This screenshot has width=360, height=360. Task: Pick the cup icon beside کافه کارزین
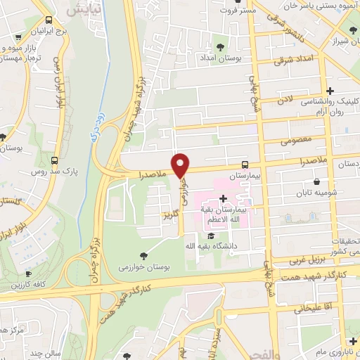(28, 274)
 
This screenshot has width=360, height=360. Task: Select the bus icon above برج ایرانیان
(48, 21)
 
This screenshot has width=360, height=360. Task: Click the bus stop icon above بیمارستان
(244, 162)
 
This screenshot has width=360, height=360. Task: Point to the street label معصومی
(295, 141)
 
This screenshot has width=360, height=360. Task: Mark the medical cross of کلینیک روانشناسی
(331, 91)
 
